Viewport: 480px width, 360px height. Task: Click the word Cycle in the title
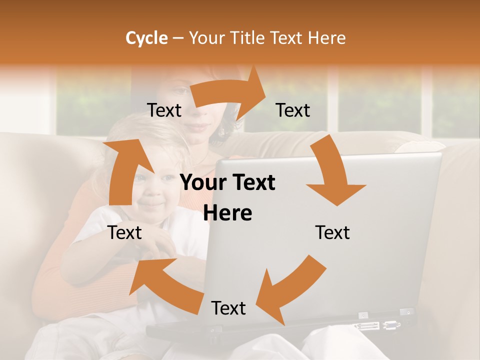click(146, 38)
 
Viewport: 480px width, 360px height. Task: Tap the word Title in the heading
click(247, 38)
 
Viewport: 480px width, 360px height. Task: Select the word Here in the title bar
click(326, 38)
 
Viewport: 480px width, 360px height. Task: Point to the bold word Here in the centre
click(227, 213)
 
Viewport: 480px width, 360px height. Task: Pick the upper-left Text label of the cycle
click(164, 110)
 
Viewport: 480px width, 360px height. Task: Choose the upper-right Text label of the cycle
click(293, 110)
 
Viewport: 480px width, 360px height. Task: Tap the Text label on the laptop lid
click(332, 232)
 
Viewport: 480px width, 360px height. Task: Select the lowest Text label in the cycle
click(228, 308)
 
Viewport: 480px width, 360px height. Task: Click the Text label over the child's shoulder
click(125, 232)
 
